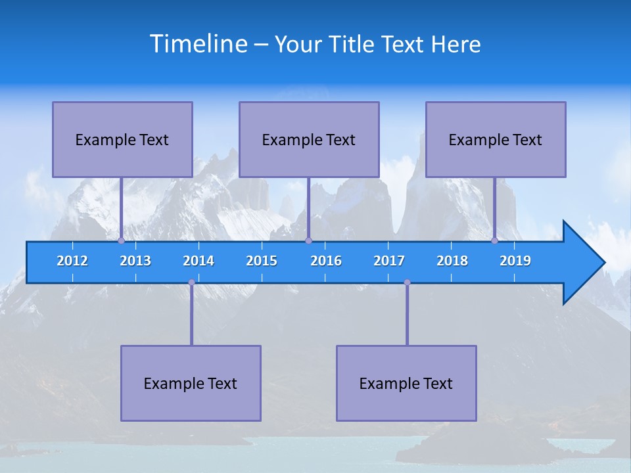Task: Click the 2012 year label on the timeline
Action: point(72,261)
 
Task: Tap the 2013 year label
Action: point(135,261)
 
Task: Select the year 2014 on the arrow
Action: point(199,261)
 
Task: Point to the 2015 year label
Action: point(262,261)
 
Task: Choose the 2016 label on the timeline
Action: point(326,261)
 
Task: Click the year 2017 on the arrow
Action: point(389,261)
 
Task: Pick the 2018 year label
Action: point(452,261)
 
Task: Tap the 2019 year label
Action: point(515,261)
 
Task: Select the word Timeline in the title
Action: point(199,44)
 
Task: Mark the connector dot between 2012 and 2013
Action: point(121,241)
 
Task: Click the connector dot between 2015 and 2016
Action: point(308,241)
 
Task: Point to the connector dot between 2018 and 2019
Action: point(495,241)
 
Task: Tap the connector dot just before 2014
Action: point(191,282)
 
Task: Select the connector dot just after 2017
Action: point(407,282)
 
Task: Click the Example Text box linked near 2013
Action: point(122,139)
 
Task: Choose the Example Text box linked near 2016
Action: point(309,139)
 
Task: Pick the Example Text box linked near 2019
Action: point(496,139)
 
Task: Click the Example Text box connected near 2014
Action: point(191,383)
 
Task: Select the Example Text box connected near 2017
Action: point(406,383)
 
